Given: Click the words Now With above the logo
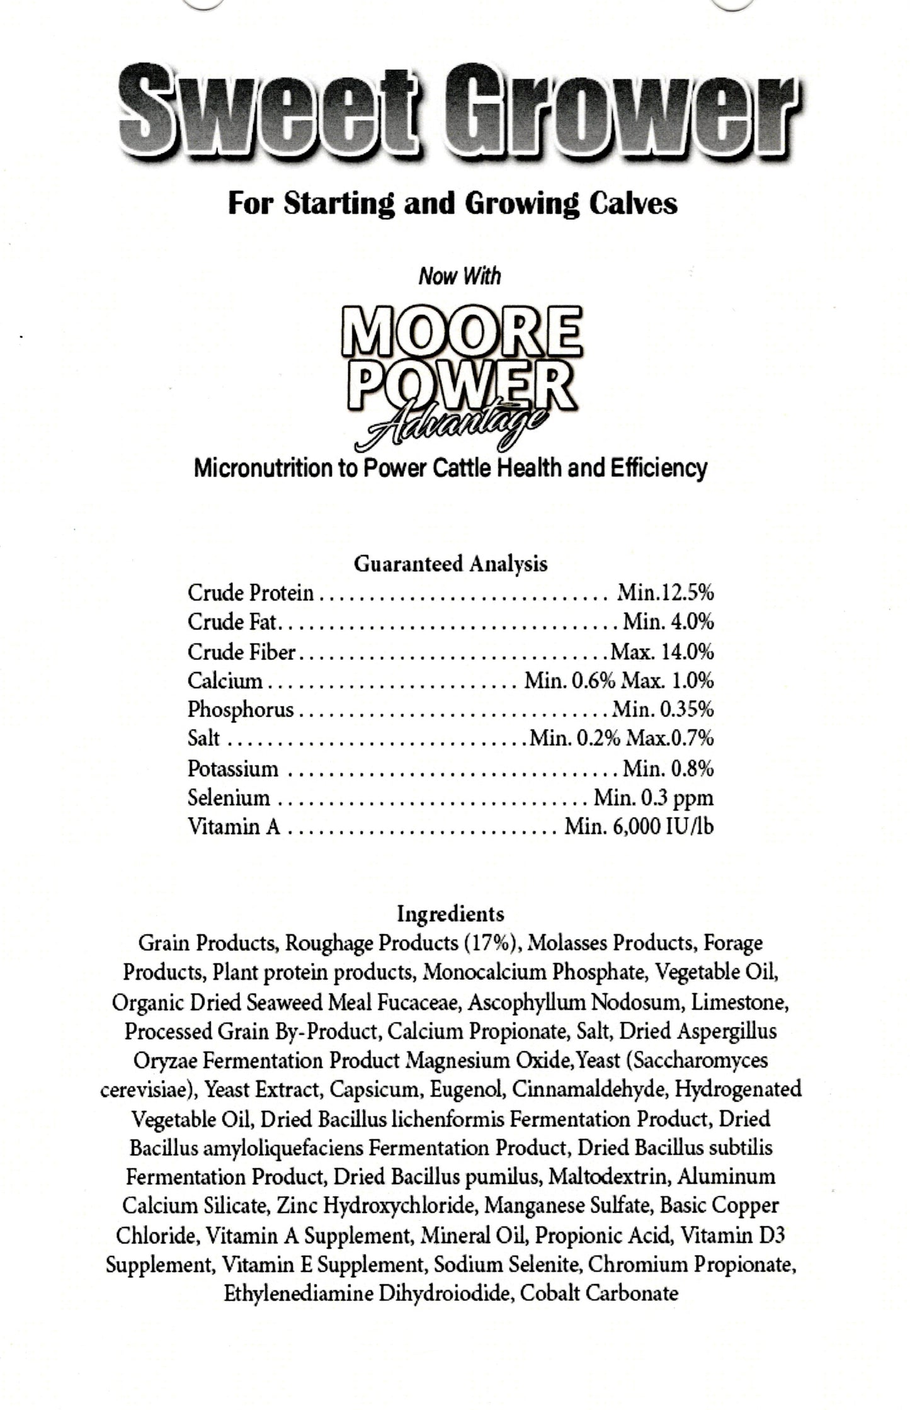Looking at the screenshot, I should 460,276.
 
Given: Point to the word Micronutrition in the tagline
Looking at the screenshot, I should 265,469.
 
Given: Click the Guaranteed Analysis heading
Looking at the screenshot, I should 450,564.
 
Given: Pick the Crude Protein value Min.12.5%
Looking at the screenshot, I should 666,593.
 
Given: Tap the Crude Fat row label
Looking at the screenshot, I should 232,622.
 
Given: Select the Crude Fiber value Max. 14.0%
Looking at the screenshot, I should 662,652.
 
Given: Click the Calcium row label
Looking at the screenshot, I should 225,681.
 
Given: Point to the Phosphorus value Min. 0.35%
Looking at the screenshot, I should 663,710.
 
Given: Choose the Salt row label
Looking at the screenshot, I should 203,738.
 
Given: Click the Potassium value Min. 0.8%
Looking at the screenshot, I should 668,768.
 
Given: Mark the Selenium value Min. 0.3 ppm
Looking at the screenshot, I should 654,798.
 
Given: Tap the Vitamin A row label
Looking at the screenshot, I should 234,826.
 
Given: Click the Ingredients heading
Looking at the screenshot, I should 450,913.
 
